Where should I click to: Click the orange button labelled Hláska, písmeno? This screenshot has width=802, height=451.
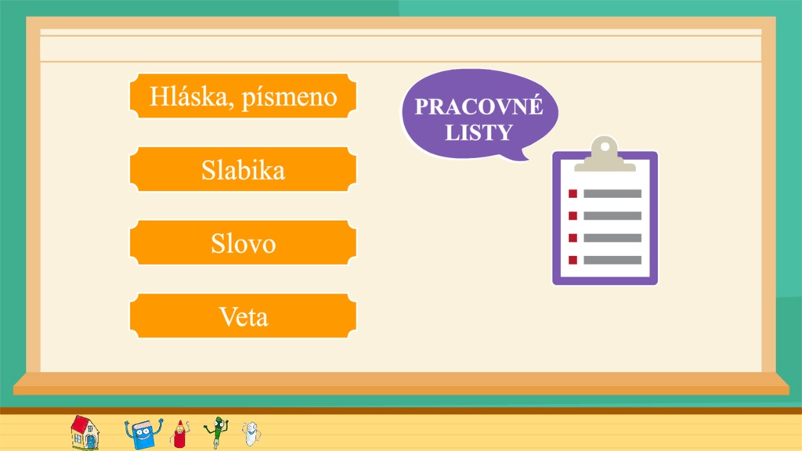(x=243, y=96)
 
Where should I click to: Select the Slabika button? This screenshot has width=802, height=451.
(x=243, y=169)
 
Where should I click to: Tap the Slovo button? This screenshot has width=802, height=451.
(x=243, y=243)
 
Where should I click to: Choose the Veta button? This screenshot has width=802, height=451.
(x=243, y=316)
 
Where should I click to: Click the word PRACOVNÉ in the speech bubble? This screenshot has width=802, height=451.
(x=479, y=106)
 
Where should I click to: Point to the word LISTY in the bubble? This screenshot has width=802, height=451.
(x=479, y=132)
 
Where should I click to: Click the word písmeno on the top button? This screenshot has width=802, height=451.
(x=290, y=98)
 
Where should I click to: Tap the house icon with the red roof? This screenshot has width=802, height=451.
(x=85, y=432)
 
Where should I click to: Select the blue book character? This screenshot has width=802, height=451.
(x=144, y=434)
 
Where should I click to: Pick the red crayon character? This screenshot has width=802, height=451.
(x=179, y=434)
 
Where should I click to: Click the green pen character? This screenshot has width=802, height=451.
(x=216, y=432)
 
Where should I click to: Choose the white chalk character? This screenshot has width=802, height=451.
(x=251, y=434)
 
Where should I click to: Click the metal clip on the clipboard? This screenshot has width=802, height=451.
(x=605, y=154)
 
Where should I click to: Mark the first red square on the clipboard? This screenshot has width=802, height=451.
(x=573, y=193)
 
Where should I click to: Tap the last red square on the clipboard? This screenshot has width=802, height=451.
(x=573, y=260)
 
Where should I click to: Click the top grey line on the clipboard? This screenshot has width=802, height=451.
(x=612, y=193)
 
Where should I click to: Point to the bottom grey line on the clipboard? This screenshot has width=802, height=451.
(x=612, y=260)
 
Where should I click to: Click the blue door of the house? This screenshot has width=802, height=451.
(x=91, y=442)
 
